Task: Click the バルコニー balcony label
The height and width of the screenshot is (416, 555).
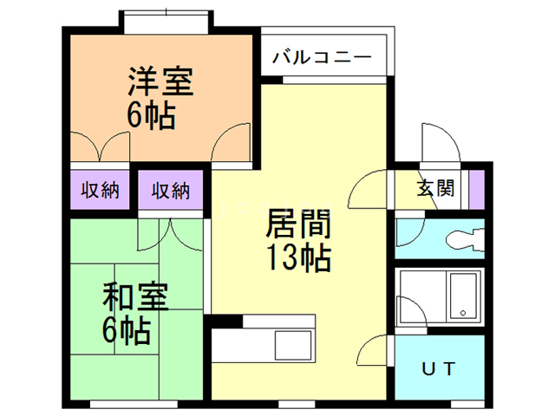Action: point(322,58)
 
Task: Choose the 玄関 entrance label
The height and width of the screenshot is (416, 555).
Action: point(436,189)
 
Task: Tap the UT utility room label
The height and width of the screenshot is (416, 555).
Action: point(439,369)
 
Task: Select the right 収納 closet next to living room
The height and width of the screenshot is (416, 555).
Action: point(171,190)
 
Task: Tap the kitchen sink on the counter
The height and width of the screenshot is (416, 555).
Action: point(296,346)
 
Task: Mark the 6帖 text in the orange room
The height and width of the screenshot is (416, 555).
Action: point(153,116)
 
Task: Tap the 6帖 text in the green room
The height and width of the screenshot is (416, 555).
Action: point(127,329)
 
